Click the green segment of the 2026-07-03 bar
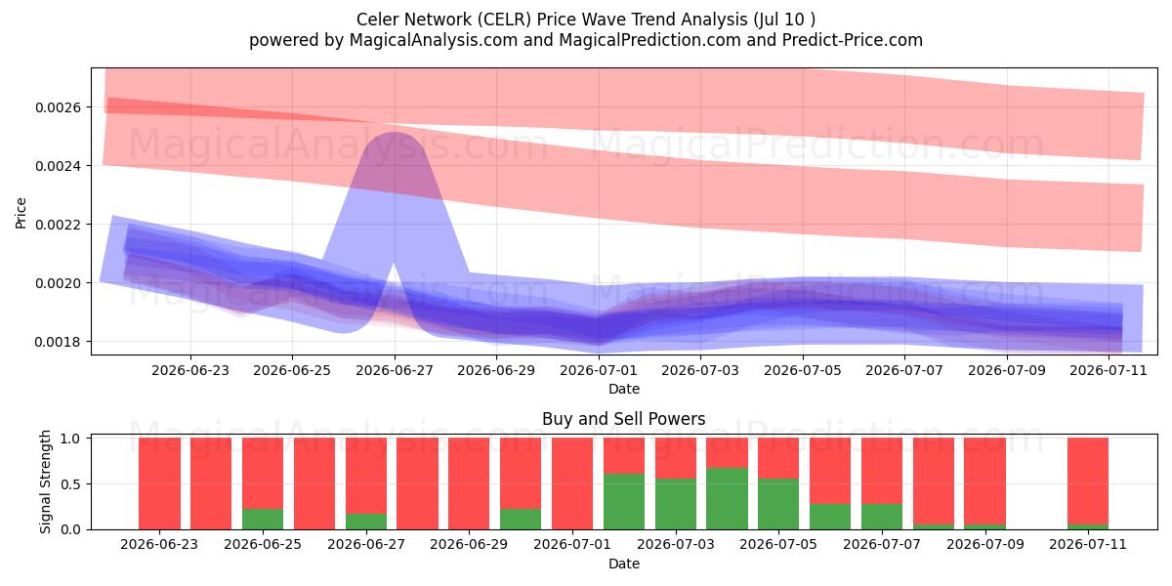676,503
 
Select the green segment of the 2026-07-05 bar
778,503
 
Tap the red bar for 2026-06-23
159,483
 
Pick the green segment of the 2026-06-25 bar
263,519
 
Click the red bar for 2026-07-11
1088,481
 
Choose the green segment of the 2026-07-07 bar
882,517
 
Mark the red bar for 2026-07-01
572,483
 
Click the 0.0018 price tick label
58,342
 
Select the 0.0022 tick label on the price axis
58,225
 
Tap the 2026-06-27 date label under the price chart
395,370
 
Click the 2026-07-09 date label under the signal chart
985,544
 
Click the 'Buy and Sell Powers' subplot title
624,419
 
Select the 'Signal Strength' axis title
46,481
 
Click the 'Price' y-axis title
21,213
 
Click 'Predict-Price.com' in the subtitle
853,40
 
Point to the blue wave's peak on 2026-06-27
395,133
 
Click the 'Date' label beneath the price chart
624,389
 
